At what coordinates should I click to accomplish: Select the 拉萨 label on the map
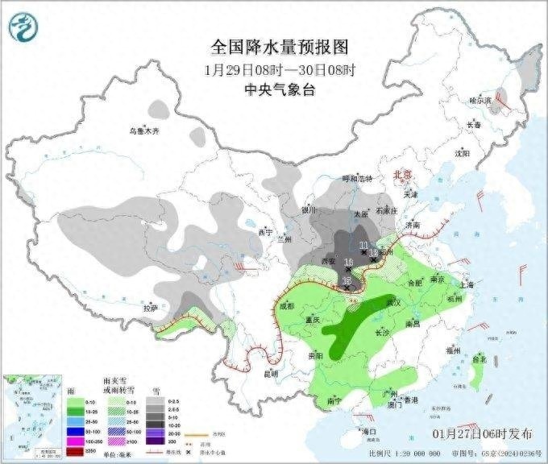[150, 308]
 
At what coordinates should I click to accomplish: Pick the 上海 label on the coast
[465, 284]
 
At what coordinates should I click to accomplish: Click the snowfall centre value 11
[363, 245]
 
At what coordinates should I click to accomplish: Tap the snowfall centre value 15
[347, 280]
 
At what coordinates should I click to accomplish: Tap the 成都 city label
[286, 306]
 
